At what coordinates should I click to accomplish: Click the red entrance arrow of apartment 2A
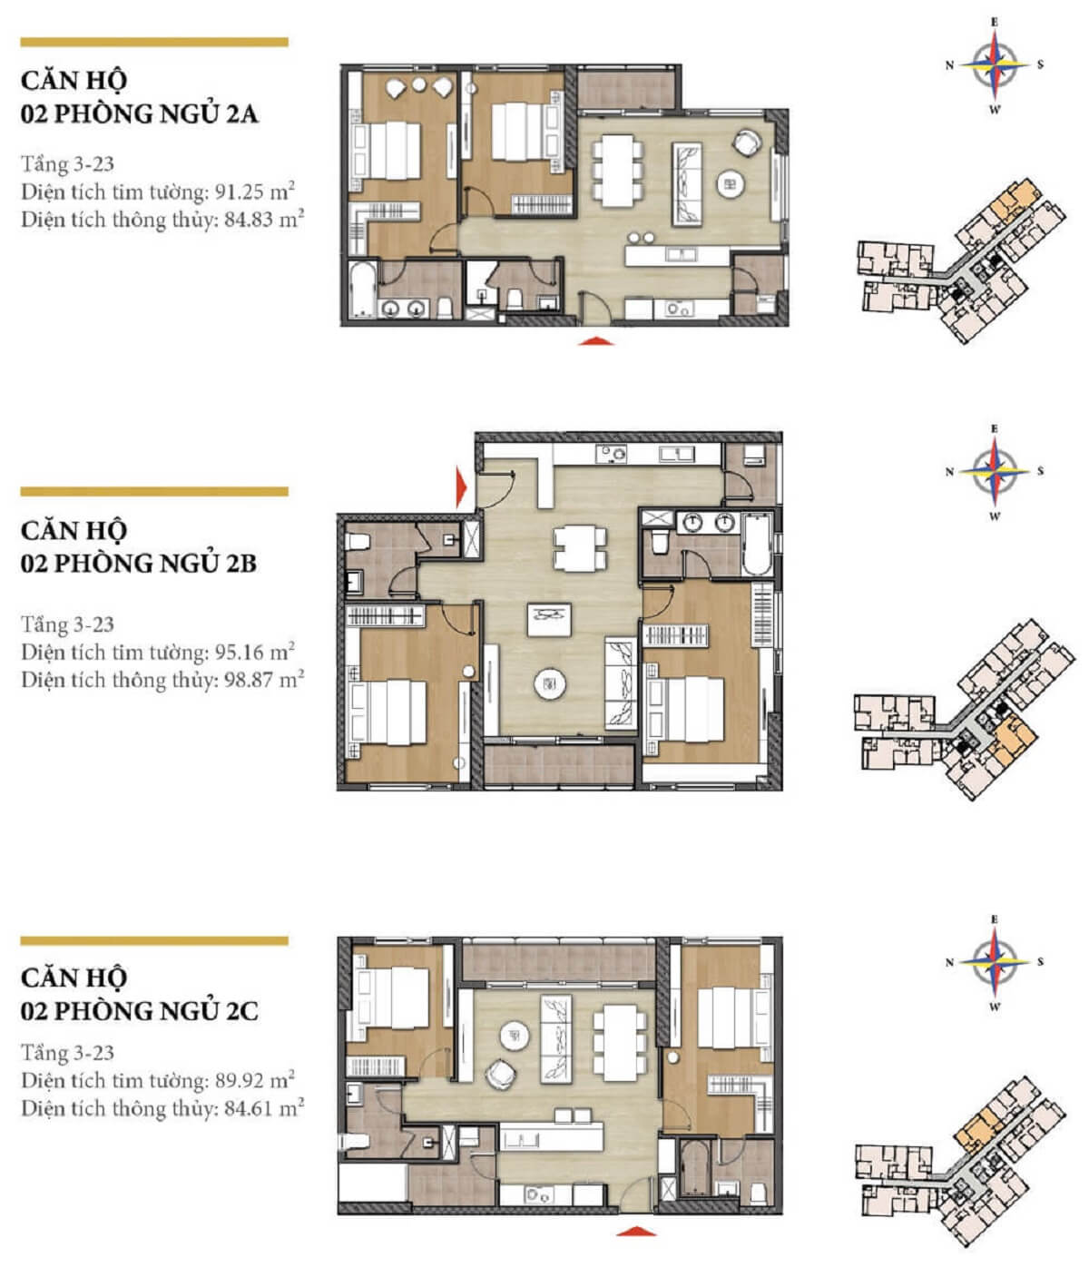click(x=595, y=340)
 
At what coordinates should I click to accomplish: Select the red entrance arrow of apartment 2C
click(x=635, y=1232)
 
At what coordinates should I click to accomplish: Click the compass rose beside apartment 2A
click(x=995, y=65)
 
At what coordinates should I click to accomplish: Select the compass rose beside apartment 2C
click(x=995, y=962)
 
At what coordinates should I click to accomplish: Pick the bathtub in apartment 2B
click(x=756, y=542)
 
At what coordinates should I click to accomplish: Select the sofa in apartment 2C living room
click(x=554, y=1038)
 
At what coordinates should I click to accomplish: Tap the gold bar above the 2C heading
click(x=154, y=941)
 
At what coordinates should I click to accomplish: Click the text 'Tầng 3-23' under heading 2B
click(x=68, y=624)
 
